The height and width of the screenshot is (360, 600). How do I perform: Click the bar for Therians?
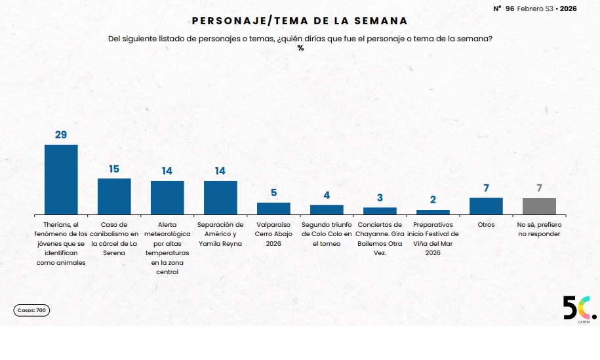click(61, 179)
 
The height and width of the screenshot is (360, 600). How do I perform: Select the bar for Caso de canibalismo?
click(114, 196)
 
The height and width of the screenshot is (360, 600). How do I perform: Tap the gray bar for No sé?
click(539, 206)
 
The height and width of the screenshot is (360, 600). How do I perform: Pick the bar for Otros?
click(486, 206)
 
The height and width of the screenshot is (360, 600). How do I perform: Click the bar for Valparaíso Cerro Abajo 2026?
click(273, 209)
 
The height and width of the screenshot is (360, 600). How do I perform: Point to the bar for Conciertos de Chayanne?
click(380, 211)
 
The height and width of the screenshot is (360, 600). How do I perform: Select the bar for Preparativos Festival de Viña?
click(433, 212)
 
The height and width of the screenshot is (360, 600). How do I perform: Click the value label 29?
click(61, 135)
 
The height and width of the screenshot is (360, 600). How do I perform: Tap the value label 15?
click(114, 169)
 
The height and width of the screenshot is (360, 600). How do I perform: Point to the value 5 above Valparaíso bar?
click(273, 193)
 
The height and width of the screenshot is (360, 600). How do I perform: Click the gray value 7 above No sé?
click(539, 188)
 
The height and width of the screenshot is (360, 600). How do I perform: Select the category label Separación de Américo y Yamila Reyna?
click(220, 234)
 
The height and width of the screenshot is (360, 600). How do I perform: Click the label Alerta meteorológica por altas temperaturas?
click(167, 248)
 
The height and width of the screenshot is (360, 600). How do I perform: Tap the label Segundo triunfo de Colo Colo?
click(327, 234)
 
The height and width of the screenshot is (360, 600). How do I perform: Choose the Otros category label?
click(486, 225)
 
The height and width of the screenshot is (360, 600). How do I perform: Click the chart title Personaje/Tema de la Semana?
click(300, 22)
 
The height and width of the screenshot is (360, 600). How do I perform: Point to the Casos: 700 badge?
click(31, 310)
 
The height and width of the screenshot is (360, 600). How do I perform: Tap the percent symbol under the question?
click(300, 48)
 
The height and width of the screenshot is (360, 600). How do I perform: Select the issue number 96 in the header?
click(510, 9)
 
